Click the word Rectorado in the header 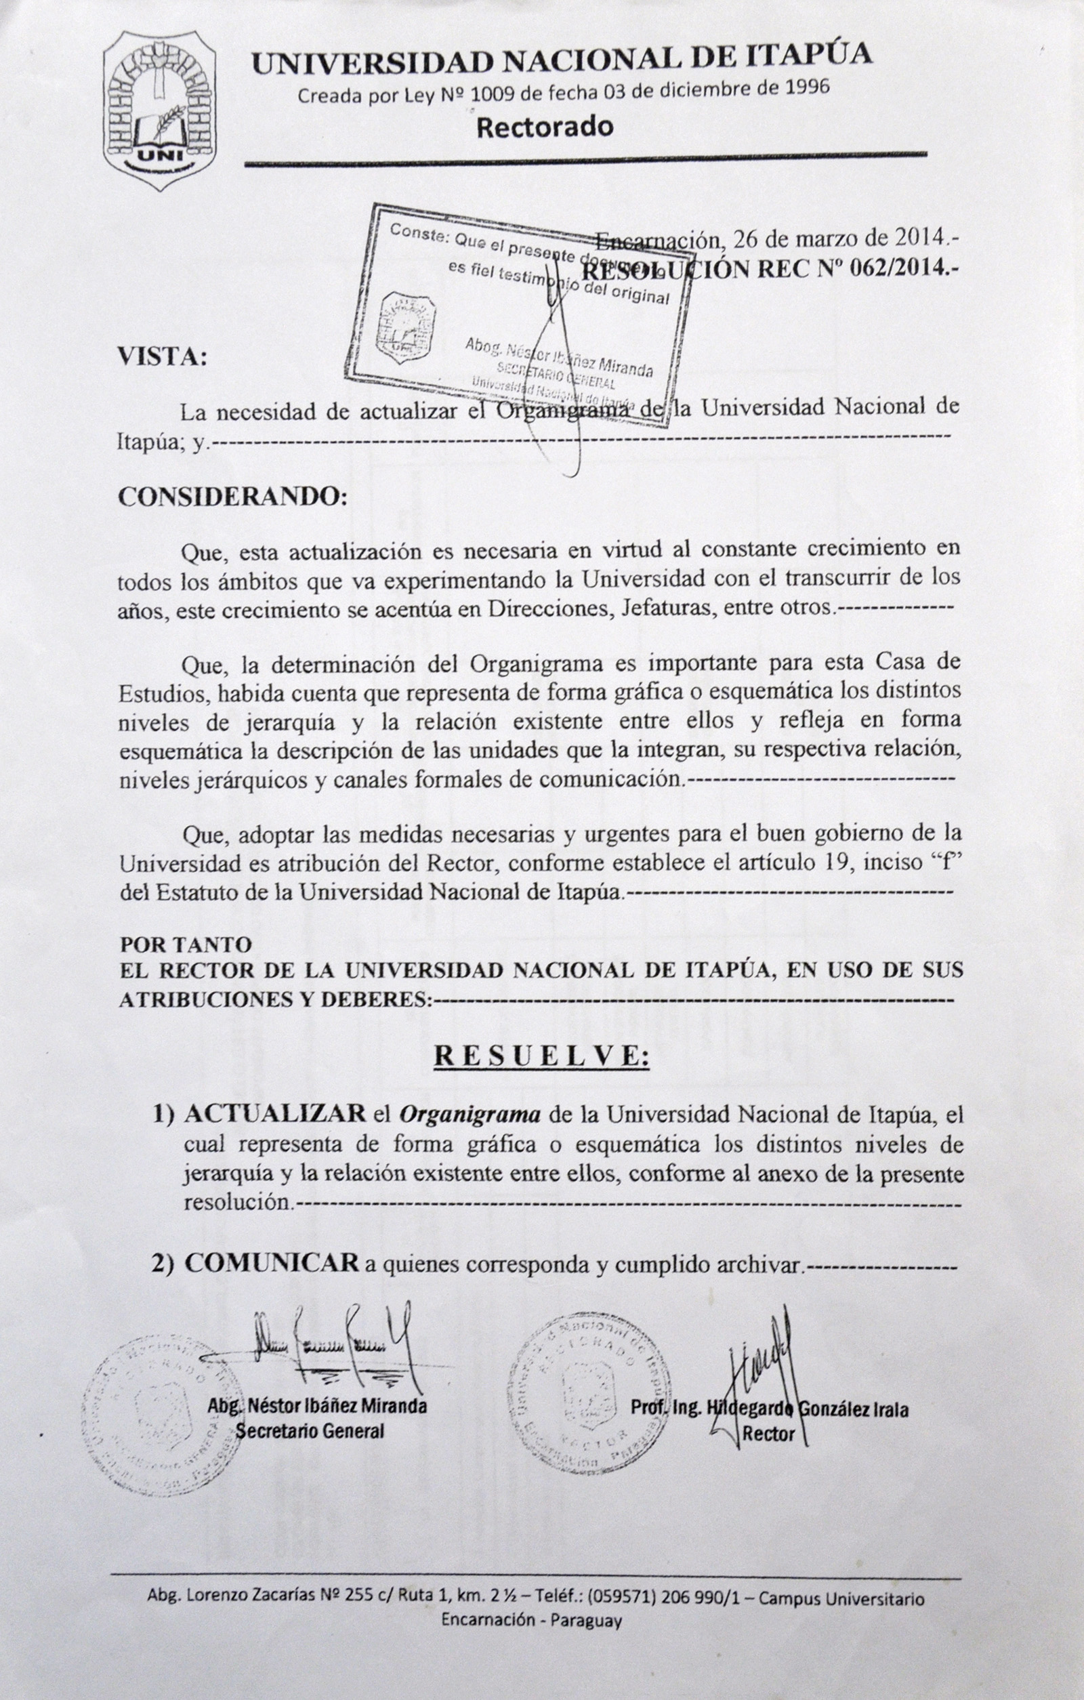pos(544,128)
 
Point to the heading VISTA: pos(163,356)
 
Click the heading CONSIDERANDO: pos(232,496)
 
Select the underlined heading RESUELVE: pos(541,1056)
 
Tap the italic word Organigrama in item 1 pos(470,1115)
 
